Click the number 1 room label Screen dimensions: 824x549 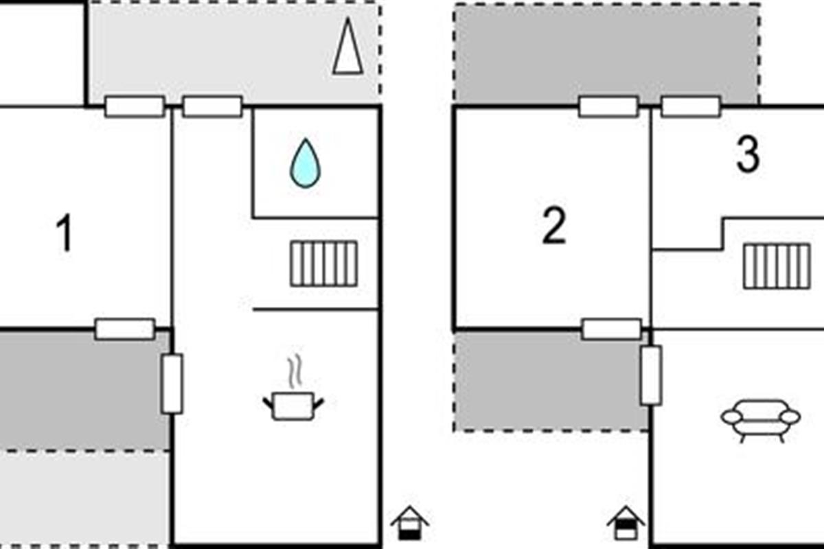[65, 233]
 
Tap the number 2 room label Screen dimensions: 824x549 [554, 225]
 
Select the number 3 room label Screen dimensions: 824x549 [748, 154]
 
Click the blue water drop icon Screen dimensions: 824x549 [306, 163]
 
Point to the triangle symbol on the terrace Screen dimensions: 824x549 [347, 47]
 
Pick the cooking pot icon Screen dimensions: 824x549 [293, 406]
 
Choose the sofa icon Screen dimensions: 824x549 [761, 421]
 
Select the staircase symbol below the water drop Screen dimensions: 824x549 [323, 264]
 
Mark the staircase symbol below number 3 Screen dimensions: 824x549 [777, 266]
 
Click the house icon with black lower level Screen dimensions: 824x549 [409, 523]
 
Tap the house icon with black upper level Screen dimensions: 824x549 [626, 523]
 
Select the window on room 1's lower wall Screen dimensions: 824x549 [125, 329]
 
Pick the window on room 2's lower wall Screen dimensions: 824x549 [612, 329]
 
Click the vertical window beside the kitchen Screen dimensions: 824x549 [172, 384]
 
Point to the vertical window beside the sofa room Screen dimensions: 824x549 [651, 375]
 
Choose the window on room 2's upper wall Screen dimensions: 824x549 [608, 106]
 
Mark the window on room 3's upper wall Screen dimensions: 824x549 [691, 106]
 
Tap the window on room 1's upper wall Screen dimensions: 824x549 [135, 106]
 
